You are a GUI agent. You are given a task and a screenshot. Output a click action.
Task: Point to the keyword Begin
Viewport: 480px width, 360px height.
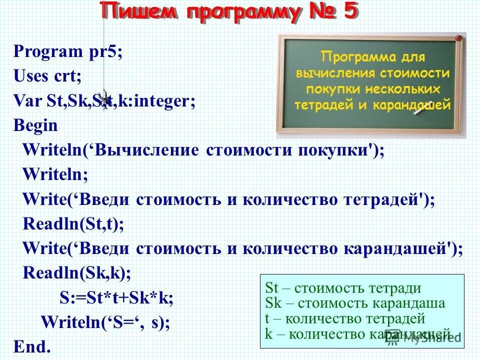[35, 125]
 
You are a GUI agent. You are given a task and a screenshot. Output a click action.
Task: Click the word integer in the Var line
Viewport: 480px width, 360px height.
[160, 101]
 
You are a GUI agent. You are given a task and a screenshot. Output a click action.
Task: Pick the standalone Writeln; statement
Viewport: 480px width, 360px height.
[55, 174]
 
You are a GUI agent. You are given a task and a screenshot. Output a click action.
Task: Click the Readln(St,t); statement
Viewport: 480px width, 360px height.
[73, 224]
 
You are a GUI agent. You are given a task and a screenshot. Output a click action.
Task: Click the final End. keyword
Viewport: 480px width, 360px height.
[32, 346]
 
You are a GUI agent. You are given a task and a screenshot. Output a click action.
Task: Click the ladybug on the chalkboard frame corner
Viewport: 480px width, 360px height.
[458, 38]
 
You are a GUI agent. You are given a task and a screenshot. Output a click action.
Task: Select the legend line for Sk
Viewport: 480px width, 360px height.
[355, 303]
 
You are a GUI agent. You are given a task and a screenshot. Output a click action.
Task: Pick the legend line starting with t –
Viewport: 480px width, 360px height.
[345, 318]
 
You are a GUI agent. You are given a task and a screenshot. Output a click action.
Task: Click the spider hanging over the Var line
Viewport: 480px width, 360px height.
[104, 97]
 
